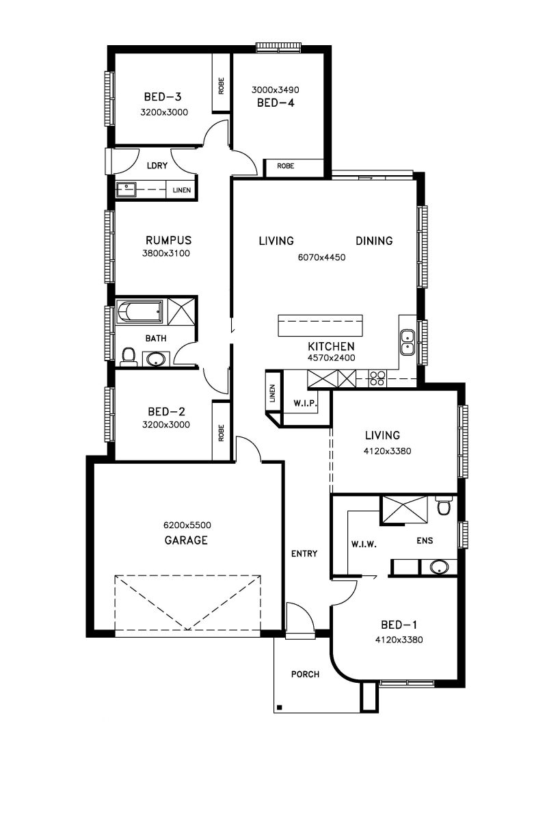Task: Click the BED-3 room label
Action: click(x=163, y=96)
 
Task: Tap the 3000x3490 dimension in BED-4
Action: click(x=275, y=90)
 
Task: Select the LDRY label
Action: click(x=157, y=166)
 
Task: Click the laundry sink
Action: click(x=126, y=190)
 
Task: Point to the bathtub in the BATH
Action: click(x=139, y=312)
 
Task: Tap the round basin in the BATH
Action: click(x=157, y=359)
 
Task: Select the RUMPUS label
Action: click(x=168, y=240)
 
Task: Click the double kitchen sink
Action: click(x=407, y=342)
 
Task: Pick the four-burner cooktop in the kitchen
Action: click(x=377, y=378)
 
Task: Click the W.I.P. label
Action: click(x=305, y=404)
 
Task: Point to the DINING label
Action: click(x=374, y=241)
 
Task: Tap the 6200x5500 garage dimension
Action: click(x=187, y=525)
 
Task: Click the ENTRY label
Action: click(x=304, y=553)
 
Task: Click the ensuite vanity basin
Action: click(x=438, y=567)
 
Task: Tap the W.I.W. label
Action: click(x=364, y=545)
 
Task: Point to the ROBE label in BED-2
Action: click(x=221, y=433)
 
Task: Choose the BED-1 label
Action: click(x=399, y=625)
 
